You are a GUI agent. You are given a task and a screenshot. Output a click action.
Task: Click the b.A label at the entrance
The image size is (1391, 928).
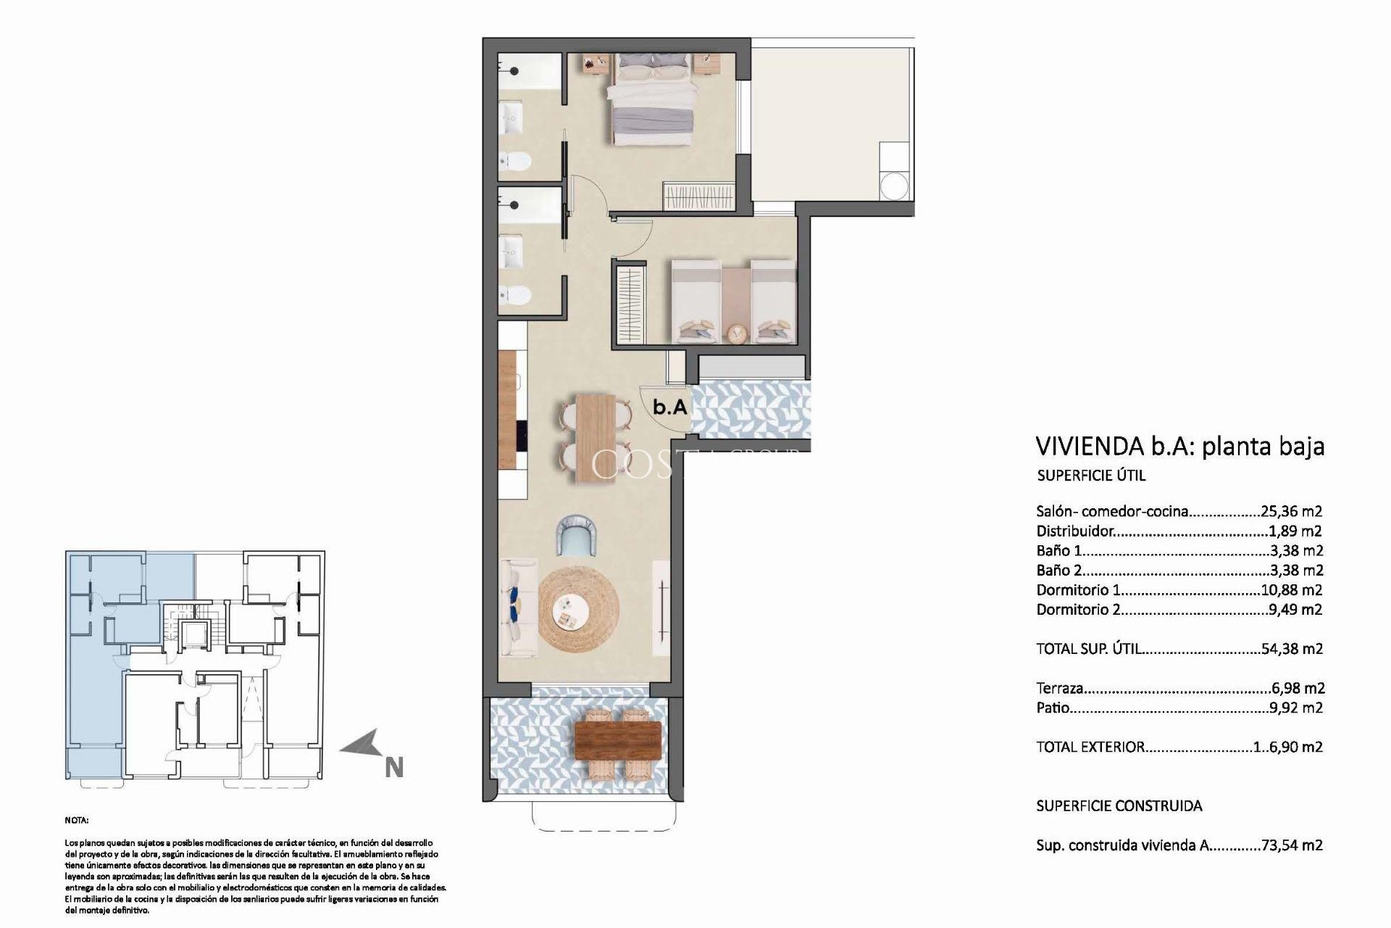coord(669,407)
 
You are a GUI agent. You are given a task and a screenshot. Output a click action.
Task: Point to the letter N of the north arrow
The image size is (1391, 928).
coord(393,767)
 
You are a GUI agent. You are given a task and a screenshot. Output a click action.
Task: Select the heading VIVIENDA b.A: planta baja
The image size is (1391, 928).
coord(1180,446)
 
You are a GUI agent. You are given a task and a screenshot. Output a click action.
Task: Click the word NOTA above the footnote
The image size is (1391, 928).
coord(76,821)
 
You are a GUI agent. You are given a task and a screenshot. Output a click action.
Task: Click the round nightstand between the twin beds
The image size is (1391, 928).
coord(736,333)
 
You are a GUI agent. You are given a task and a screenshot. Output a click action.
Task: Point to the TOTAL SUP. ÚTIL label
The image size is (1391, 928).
coord(1090,649)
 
